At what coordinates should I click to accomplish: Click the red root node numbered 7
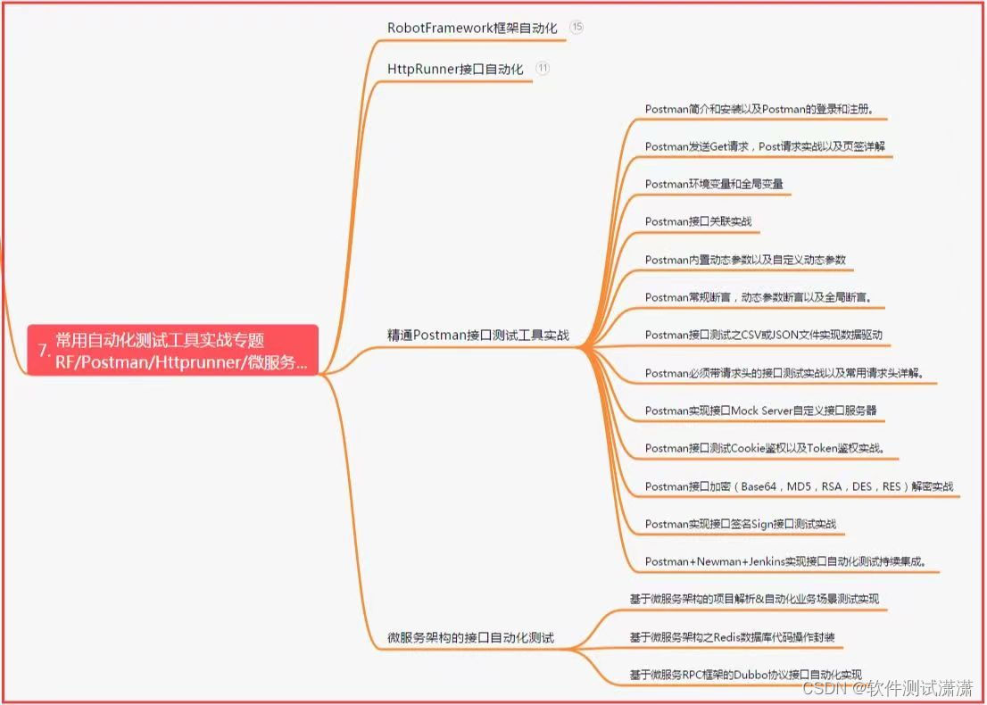click(172, 350)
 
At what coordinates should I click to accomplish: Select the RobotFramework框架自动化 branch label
click(472, 28)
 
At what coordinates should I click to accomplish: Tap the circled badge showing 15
click(576, 27)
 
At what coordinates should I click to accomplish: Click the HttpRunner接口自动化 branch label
click(455, 69)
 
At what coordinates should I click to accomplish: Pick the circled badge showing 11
click(543, 68)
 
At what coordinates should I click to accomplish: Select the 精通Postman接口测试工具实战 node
click(477, 335)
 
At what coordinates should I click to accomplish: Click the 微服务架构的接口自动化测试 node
click(470, 638)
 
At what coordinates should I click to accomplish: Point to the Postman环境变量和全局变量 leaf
click(714, 184)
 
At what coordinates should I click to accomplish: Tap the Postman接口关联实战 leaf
click(698, 221)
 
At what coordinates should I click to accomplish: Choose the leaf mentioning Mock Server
click(760, 411)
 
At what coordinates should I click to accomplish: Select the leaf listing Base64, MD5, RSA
click(799, 486)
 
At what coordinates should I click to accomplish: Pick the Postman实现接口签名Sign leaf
click(741, 524)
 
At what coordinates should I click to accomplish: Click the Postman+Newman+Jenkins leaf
click(785, 561)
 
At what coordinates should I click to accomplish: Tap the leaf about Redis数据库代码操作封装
click(732, 637)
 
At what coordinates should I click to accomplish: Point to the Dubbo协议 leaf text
click(745, 674)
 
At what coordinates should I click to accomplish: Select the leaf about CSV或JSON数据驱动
click(767, 335)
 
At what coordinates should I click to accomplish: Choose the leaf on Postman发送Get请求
click(765, 146)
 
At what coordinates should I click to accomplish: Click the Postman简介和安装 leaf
click(759, 109)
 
